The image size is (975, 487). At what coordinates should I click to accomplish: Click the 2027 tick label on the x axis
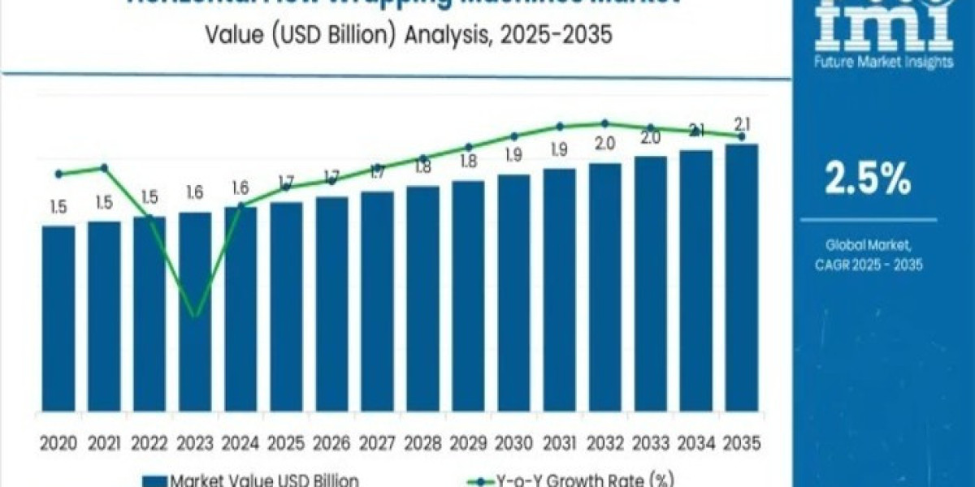(x=377, y=443)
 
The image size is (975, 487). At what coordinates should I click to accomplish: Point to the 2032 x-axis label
(x=604, y=443)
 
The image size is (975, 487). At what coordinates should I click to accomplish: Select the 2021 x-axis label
(x=104, y=443)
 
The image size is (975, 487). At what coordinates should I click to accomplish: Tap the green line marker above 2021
(x=104, y=168)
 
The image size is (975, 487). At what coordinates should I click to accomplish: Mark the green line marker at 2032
(x=604, y=123)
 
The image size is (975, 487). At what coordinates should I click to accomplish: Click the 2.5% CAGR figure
(x=868, y=180)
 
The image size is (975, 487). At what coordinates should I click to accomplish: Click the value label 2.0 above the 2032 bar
(x=604, y=144)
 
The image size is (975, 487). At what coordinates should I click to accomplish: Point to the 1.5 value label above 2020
(x=58, y=207)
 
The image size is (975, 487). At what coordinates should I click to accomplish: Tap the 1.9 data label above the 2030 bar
(x=513, y=155)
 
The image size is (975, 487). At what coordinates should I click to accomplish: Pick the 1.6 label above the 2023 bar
(x=195, y=193)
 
